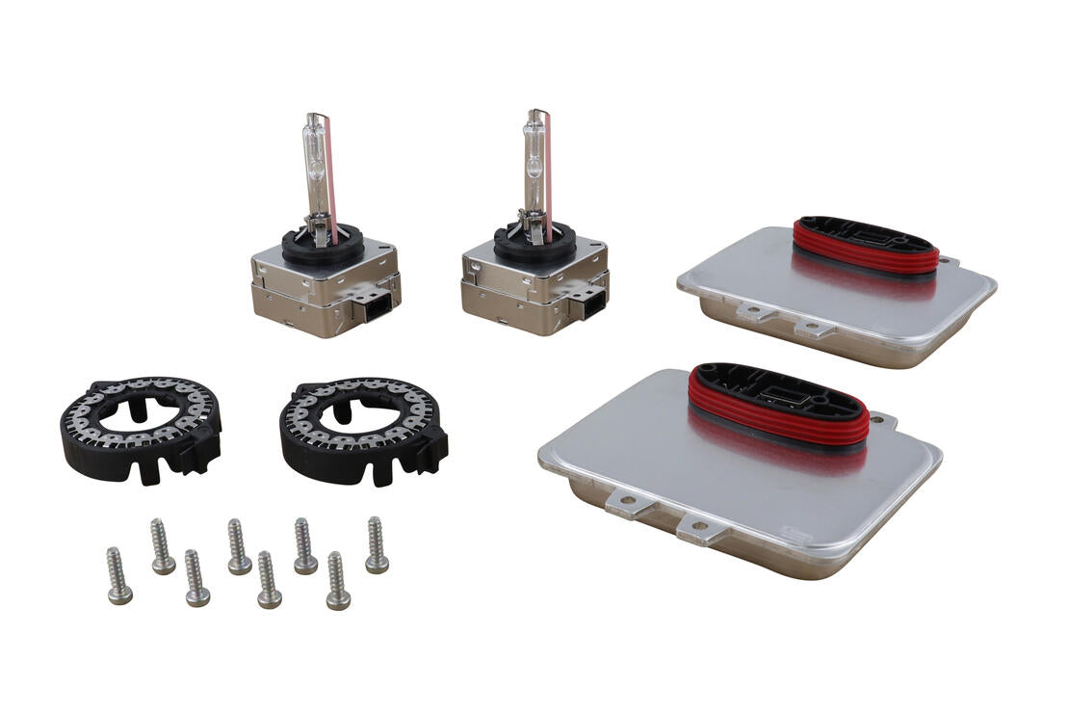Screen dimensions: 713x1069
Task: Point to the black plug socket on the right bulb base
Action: (586, 304)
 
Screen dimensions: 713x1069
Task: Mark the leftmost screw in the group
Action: (118, 576)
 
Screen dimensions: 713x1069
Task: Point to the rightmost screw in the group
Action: (377, 545)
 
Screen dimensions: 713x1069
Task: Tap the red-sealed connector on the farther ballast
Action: (864, 247)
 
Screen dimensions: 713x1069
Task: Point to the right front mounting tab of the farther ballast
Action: (815, 328)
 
